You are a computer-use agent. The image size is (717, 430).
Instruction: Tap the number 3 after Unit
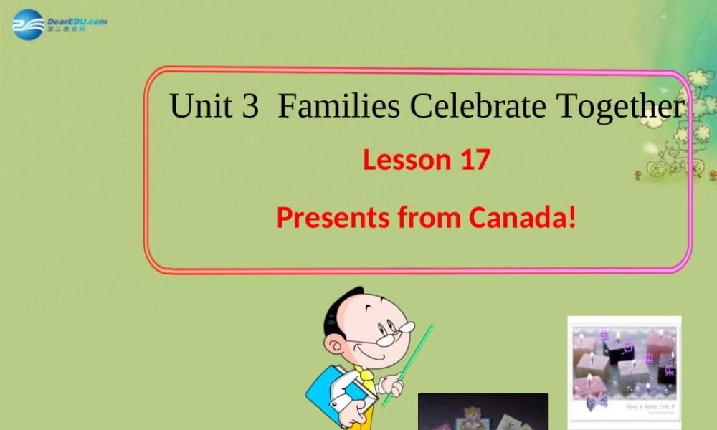[x=250, y=106]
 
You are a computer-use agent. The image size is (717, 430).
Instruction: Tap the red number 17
[x=474, y=159]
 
